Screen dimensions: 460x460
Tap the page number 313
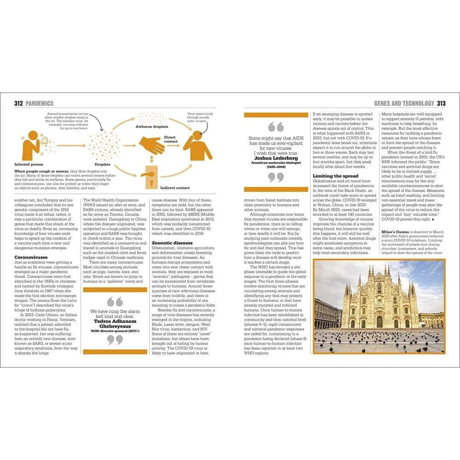coord(441,103)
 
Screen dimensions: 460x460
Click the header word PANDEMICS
coord(40,103)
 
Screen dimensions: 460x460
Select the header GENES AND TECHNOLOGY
coord(404,103)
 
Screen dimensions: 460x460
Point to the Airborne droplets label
coord(151,126)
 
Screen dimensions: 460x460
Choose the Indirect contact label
coord(175,188)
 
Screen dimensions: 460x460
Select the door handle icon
coord(150,179)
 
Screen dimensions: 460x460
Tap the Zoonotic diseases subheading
coord(172,243)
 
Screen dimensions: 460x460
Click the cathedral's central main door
coord(379,322)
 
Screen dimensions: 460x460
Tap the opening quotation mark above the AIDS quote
coord(276,127)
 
